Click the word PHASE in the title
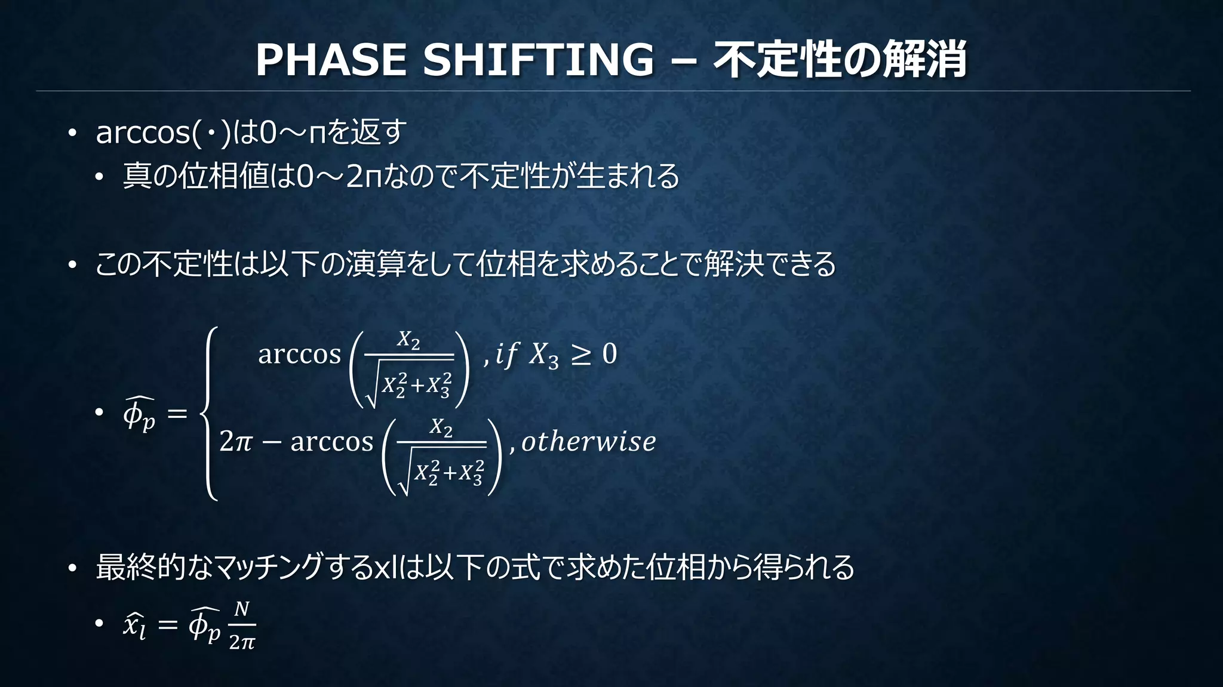pos(331,60)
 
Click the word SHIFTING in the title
pos(538,60)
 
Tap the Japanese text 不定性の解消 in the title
pos(840,60)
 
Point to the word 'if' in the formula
pos(506,354)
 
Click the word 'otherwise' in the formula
pos(589,442)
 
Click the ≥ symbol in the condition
pos(580,354)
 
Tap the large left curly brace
pos(209,413)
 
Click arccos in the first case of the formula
pos(299,354)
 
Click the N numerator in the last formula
pos(241,609)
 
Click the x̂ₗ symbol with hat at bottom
pos(134,626)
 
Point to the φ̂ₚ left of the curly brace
pos(139,414)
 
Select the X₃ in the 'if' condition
pos(544,355)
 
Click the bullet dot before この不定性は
pos(72,265)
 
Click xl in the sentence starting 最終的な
pos(385,568)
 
